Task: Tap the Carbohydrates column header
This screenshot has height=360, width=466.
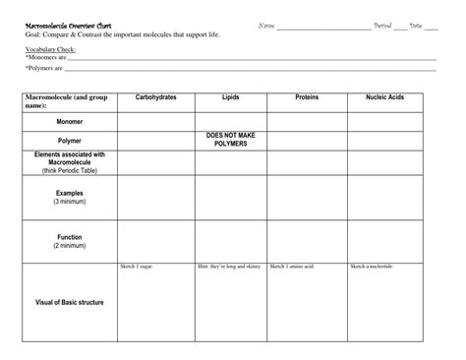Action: click(x=156, y=98)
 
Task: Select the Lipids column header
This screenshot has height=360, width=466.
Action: click(x=231, y=98)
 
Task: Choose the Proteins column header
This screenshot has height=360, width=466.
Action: click(x=307, y=98)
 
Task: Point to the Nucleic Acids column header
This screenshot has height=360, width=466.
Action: click(x=384, y=98)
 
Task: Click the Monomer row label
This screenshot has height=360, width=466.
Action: click(x=69, y=122)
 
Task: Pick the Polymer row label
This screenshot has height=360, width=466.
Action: click(x=69, y=141)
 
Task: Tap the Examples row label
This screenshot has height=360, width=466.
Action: click(x=69, y=197)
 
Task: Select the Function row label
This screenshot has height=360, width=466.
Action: click(x=69, y=241)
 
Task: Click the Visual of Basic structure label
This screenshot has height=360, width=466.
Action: click(x=69, y=302)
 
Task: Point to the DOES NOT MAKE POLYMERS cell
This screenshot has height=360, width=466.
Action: click(x=231, y=140)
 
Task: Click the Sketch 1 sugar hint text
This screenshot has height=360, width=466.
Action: click(x=137, y=267)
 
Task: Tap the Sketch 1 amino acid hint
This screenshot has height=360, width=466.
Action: click(x=292, y=267)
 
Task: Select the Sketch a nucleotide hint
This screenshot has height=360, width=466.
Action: click(x=373, y=267)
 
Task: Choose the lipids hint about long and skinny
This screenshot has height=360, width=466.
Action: click(x=229, y=267)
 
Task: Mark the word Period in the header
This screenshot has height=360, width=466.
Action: click(x=383, y=25)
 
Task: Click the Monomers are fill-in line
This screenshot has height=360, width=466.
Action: click(x=246, y=59)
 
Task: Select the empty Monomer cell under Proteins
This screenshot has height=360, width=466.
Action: click(x=307, y=122)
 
